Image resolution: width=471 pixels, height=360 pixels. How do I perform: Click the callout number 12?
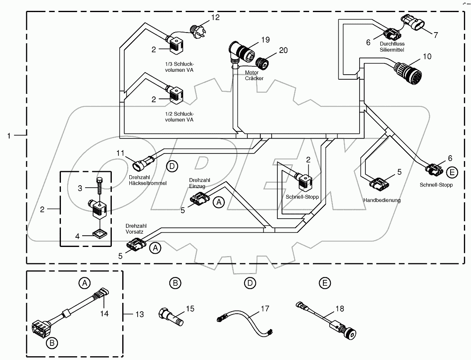point(215,18)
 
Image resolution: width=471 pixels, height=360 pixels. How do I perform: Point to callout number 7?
point(436,35)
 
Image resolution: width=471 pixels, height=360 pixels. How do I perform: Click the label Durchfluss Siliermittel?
point(392,47)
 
